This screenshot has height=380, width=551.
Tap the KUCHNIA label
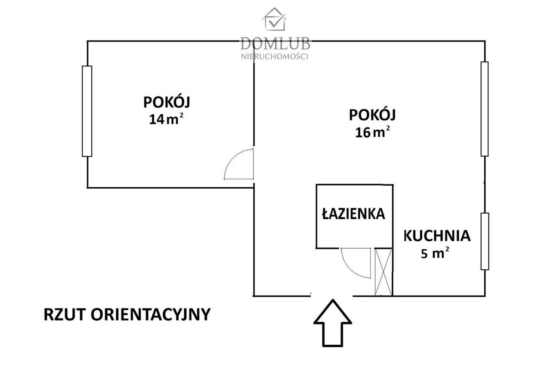tap(436, 236)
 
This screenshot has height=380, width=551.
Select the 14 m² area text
tap(167, 119)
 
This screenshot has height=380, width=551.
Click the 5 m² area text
tap(435, 253)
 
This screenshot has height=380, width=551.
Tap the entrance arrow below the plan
tap(332, 323)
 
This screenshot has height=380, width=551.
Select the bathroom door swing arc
tap(356, 262)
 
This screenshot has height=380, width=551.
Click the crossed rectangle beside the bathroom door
tap(383, 272)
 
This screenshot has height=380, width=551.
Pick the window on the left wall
tap(87, 111)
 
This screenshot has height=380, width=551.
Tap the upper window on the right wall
tap(485, 109)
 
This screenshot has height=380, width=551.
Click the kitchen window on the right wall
tap(485, 241)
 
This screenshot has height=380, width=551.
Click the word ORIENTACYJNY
tap(150, 315)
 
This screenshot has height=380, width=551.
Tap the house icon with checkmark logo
tap(275, 19)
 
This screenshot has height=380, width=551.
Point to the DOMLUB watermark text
tap(275, 44)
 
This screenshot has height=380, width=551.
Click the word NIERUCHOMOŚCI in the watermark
tap(275, 56)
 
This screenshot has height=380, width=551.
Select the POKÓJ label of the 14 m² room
tap(167, 103)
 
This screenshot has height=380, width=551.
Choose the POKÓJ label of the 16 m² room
tap(372, 115)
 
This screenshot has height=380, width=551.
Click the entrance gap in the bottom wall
tap(332, 296)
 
